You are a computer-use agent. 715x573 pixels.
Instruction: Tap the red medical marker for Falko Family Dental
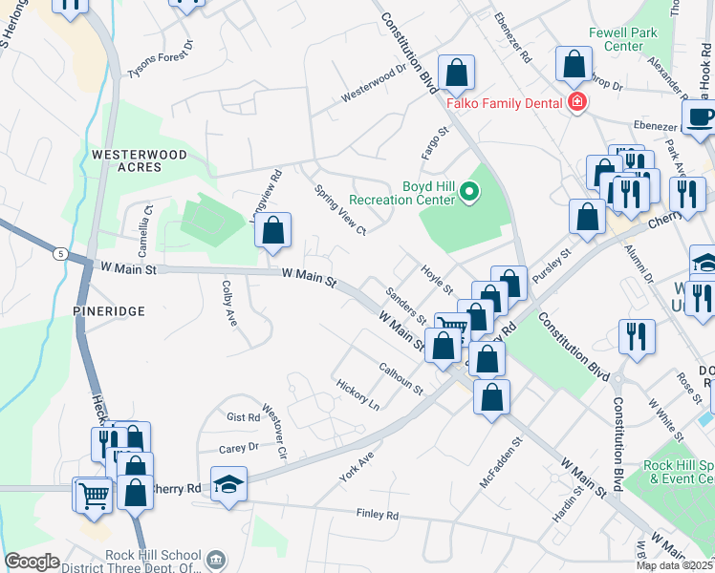[x=576, y=103]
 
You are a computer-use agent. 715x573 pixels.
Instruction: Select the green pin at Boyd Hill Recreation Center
[x=468, y=193]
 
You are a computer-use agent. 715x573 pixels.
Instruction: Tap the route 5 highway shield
[x=61, y=253]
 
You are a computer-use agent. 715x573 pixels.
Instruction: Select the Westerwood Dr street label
[x=374, y=83]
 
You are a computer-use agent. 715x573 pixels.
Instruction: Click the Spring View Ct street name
[x=340, y=209]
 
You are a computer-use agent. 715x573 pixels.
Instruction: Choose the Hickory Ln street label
[x=357, y=394]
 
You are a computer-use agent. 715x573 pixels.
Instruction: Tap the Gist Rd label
[x=243, y=417]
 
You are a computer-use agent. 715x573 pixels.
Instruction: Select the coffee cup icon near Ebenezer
[x=703, y=117]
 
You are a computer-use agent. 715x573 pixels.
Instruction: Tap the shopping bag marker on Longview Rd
[x=272, y=230]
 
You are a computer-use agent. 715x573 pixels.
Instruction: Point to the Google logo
[x=32, y=562]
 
